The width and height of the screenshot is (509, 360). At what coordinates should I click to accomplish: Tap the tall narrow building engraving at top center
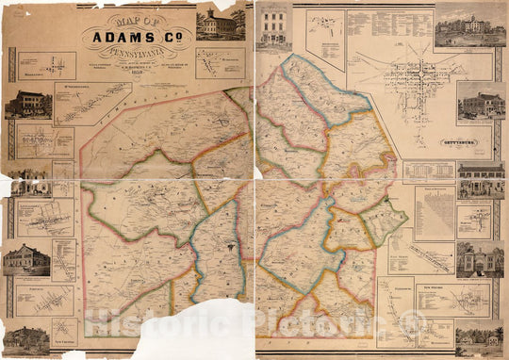tap(274, 25)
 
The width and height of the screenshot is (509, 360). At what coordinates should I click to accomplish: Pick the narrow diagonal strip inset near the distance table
tap(432, 254)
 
